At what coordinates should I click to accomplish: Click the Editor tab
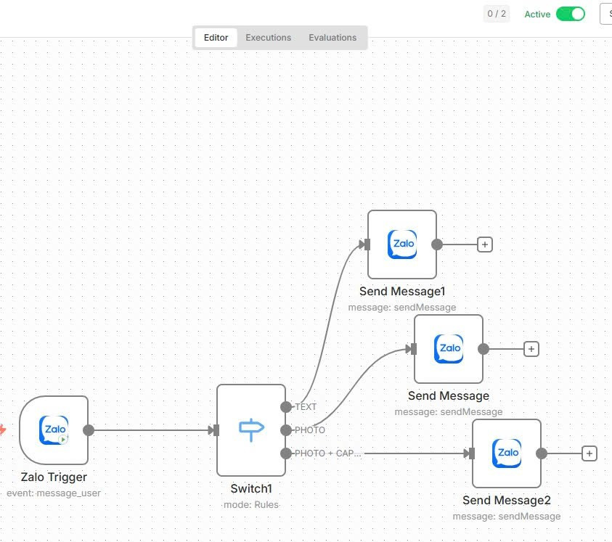pos(216,38)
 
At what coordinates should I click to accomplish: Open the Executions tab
pos(268,38)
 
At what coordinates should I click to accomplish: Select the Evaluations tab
pos(332,38)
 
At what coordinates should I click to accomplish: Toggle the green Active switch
pos(570,14)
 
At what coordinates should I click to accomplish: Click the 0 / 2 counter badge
pos(497,14)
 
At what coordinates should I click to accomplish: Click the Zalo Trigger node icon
pos(54,430)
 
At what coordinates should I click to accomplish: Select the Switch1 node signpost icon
pos(251,430)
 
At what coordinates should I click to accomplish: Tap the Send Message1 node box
pos(402,245)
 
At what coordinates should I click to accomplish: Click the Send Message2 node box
pos(507,453)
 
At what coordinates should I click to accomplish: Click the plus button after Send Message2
pos(589,453)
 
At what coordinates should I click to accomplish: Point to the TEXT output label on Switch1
pos(306,407)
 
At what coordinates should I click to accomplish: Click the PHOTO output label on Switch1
pos(310,430)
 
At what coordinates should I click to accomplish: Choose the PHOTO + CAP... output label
pos(328,453)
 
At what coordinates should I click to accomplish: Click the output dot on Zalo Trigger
pos(89,430)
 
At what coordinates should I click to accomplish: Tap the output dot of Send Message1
pos(437,245)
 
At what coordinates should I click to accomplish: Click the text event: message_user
pos(54,493)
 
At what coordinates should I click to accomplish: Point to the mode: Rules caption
pos(251,505)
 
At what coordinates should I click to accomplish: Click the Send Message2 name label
pos(507,500)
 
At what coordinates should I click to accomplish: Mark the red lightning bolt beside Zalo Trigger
pos(3,430)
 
